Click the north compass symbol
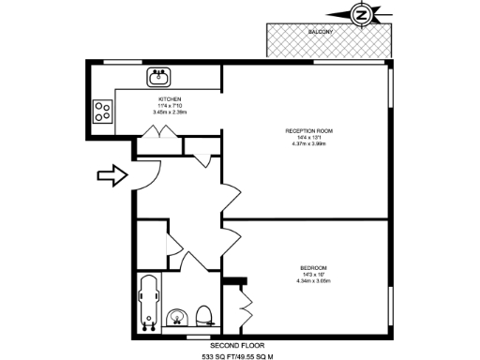[x=361, y=14]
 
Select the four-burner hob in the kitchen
[x=103, y=112]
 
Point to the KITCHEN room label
[x=170, y=99]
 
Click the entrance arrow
[x=111, y=174]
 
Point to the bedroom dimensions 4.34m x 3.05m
[x=313, y=280]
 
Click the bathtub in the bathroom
[x=147, y=302]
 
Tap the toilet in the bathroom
[x=204, y=314]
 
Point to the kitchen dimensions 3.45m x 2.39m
[x=170, y=112]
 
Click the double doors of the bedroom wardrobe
[x=247, y=302]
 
